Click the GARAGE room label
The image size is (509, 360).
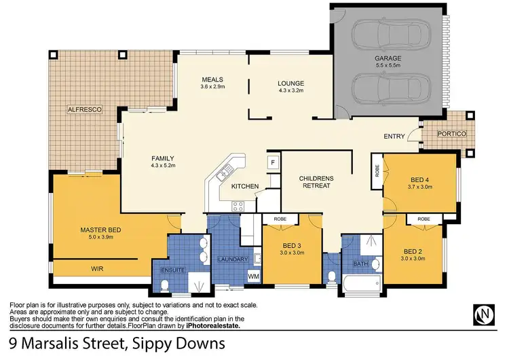(388, 59)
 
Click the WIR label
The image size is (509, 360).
(98, 269)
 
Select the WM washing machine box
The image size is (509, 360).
(253, 276)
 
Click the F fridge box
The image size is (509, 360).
(272, 163)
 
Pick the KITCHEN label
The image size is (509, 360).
(244, 185)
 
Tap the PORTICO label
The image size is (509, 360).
(451, 134)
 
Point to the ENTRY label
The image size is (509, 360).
(394, 137)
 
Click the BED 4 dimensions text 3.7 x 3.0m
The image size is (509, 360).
(420, 185)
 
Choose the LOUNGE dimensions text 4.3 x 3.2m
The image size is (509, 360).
(290, 90)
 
